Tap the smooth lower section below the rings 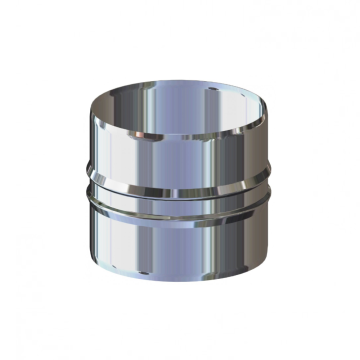click(x=180, y=240)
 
